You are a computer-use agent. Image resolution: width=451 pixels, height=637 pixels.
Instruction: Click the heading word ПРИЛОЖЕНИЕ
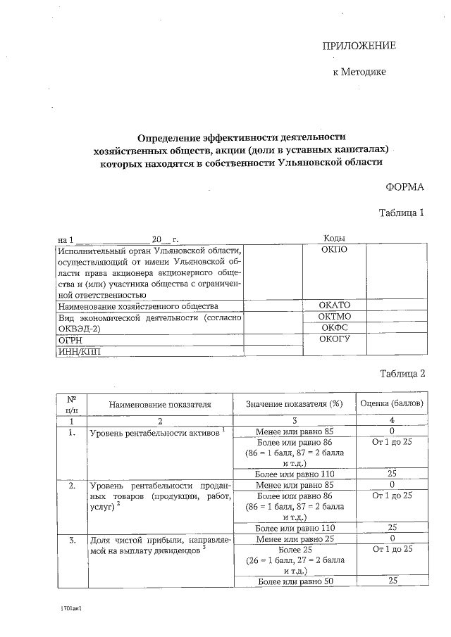point(359,46)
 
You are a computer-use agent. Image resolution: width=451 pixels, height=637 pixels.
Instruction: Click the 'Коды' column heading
point(333,239)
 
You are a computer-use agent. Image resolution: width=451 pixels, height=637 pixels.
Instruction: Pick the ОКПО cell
point(333,249)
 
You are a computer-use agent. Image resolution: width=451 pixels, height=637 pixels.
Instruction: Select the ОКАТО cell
point(335,305)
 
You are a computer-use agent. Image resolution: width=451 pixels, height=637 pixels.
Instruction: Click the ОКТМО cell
point(335,317)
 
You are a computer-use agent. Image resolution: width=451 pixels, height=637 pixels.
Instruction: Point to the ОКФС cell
point(335,327)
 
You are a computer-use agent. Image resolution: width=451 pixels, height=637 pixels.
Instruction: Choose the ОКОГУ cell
point(335,339)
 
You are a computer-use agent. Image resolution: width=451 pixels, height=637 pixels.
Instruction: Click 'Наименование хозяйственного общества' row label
point(138,306)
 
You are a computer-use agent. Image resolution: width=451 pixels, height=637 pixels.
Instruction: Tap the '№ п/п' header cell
point(71,403)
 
